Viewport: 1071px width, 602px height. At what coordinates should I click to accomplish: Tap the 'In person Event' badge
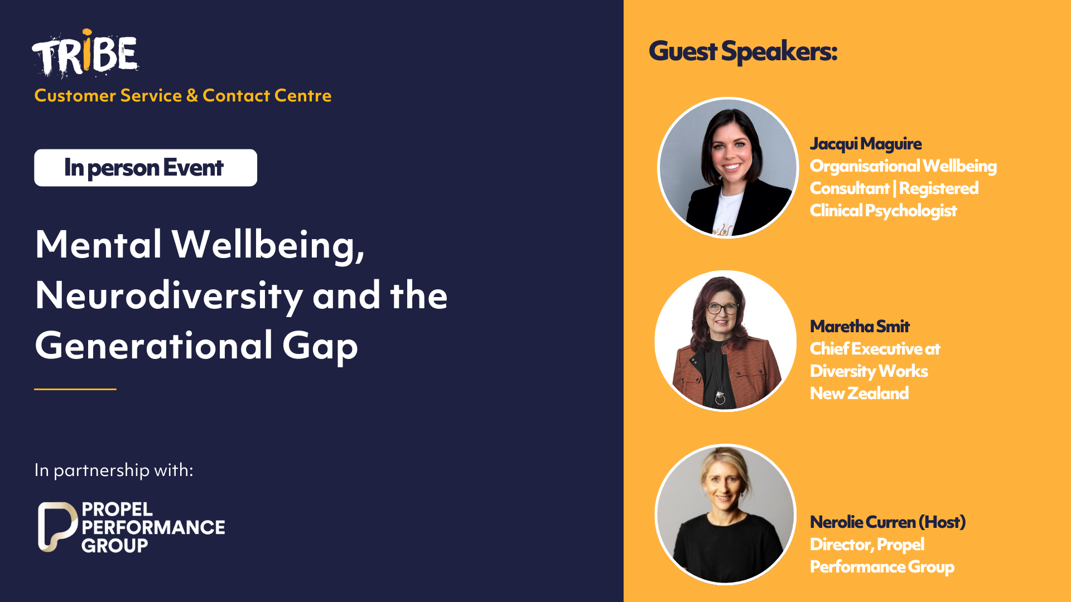(x=146, y=168)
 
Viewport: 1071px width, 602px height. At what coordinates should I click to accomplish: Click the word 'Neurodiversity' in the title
(x=168, y=296)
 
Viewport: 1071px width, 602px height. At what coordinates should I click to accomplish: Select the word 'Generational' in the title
(x=153, y=346)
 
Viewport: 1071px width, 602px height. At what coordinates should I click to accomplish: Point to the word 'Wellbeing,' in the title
(x=268, y=245)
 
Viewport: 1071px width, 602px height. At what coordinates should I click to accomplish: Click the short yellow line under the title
(x=75, y=389)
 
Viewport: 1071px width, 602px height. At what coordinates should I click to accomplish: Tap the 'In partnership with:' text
(x=114, y=470)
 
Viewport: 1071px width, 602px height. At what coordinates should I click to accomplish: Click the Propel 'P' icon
(x=57, y=527)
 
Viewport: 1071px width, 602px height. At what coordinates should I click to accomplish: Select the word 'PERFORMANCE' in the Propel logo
(x=153, y=527)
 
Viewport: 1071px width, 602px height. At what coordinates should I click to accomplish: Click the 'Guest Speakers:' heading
(x=743, y=51)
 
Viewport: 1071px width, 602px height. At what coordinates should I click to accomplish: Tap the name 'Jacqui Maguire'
(x=866, y=144)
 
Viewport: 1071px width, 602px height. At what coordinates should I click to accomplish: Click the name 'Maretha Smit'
(x=860, y=326)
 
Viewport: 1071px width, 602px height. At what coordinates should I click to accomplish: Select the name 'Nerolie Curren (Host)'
(x=887, y=522)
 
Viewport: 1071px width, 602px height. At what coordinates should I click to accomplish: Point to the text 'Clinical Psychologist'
(x=884, y=211)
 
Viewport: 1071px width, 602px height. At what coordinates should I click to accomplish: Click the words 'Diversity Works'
(x=869, y=371)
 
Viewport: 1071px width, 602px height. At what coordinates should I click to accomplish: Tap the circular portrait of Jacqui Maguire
(x=728, y=168)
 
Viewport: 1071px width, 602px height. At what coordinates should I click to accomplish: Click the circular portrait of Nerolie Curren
(x=726, y=514)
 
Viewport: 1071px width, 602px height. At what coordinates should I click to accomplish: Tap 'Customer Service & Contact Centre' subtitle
(x=183, y=96)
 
